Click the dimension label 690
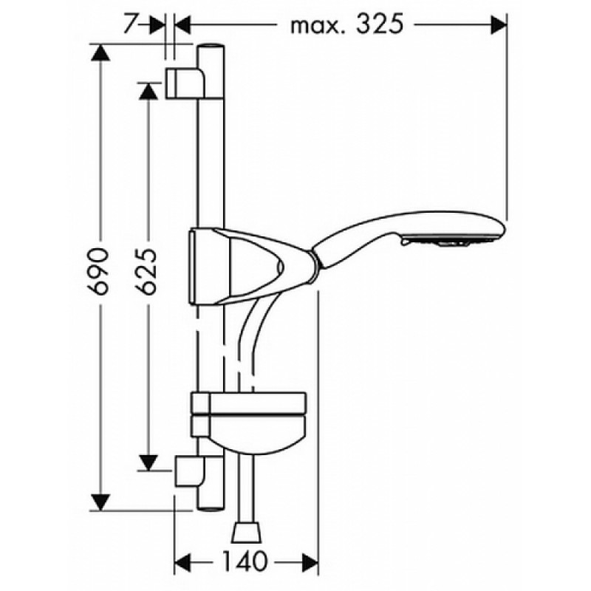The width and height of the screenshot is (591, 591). (x=98, y=270)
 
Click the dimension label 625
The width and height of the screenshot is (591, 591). (x=146, y=270)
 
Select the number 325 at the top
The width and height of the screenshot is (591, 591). (x=380, y=24)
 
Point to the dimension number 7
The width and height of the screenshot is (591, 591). (x=129, y=24)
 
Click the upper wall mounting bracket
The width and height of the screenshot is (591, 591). (x=185, y=83)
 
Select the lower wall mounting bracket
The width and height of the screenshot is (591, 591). (x=190, y=471)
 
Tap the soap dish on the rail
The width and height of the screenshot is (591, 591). (x=249, y=421)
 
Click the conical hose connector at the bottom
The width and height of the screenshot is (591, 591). (x=247, y=532)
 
